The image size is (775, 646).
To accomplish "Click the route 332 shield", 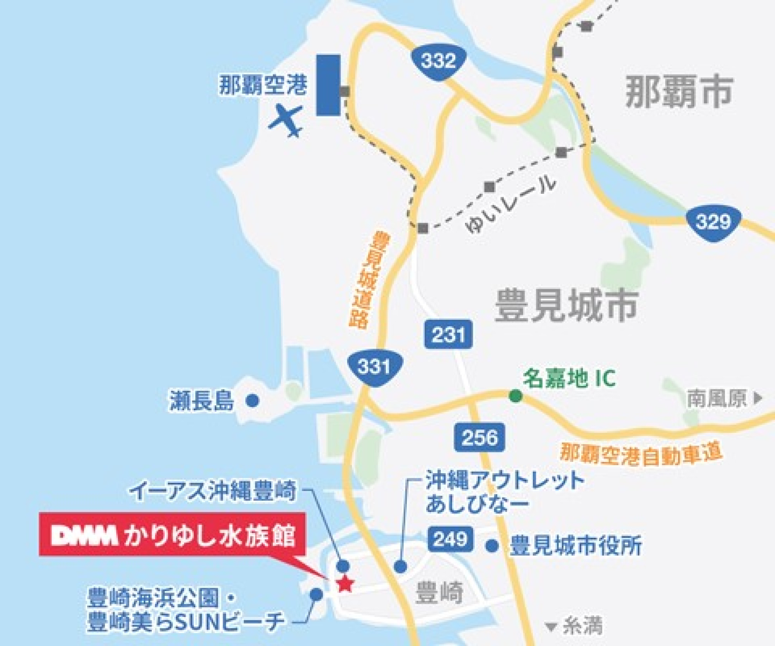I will [x=438, y=61].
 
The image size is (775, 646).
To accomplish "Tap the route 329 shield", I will [x=713, y=222].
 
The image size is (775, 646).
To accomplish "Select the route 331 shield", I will [x=374, y=367].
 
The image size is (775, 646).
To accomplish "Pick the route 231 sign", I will [x=448, y=334].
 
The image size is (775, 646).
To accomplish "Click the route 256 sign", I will [x=479, y=438].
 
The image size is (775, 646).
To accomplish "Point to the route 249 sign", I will [x=450, y=539].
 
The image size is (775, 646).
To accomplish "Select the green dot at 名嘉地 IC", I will [x=515, y=396].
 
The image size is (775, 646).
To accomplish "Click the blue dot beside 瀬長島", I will [x=252, y=400].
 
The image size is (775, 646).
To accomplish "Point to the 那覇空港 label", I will [x=263, y=85].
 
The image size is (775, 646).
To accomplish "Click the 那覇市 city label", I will [x=679, y=92].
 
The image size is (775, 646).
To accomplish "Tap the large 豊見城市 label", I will [x=567, y=306].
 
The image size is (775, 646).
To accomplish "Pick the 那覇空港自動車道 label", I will [x=641, y=454].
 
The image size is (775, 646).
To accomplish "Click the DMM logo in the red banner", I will [x=84, y=536].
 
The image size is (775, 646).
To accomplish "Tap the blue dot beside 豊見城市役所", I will [x=492, y=546].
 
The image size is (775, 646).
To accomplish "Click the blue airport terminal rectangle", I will [x=328, y=85].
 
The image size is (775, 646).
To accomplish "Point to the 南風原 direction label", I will [x=717, y=398].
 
